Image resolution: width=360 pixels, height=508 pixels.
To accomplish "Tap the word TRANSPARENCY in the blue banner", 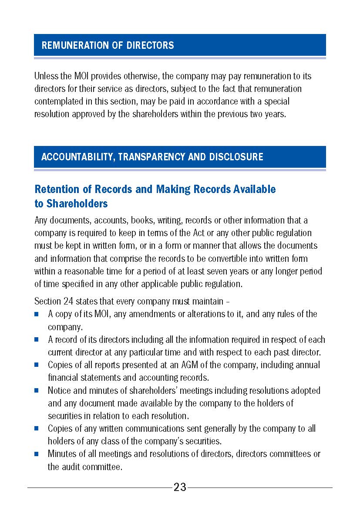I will click(151, 157).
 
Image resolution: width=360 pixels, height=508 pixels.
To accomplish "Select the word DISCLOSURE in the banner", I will click(236, 157).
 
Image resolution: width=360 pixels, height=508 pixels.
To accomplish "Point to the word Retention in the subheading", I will click(56, 190).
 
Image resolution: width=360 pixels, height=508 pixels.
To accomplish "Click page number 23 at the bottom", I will click(180, 488).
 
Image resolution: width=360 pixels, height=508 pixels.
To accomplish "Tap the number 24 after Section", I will click(69, 301).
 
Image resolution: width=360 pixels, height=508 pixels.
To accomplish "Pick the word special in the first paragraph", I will click(276, 102).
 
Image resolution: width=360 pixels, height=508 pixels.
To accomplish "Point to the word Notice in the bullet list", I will click(59, 391).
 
